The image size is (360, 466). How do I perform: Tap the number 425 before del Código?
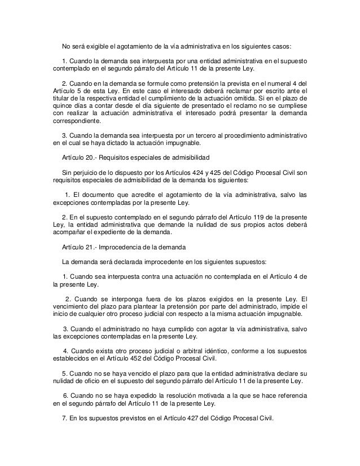tap(221, 173)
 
